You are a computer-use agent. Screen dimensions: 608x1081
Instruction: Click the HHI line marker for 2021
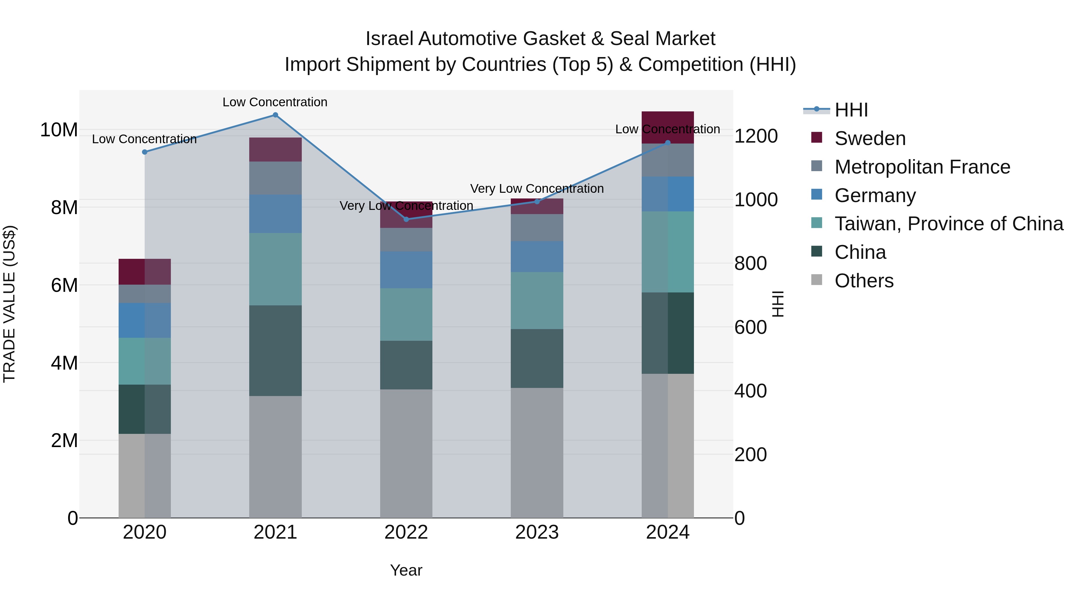point(275,115)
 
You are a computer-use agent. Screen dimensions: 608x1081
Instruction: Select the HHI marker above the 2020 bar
point(145,152)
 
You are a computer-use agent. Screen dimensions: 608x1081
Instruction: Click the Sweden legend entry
point(870,138)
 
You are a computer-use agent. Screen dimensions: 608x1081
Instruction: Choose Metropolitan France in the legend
point(922,167)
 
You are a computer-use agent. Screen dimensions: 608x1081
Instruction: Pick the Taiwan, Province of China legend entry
point(948,224)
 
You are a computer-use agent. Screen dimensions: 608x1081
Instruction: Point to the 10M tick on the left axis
point(59,130)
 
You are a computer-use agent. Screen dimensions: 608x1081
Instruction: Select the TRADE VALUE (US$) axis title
point(9,304)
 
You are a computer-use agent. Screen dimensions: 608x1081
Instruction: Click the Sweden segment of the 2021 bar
point(275,150)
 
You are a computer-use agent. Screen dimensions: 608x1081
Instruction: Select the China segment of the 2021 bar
point(275,350)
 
